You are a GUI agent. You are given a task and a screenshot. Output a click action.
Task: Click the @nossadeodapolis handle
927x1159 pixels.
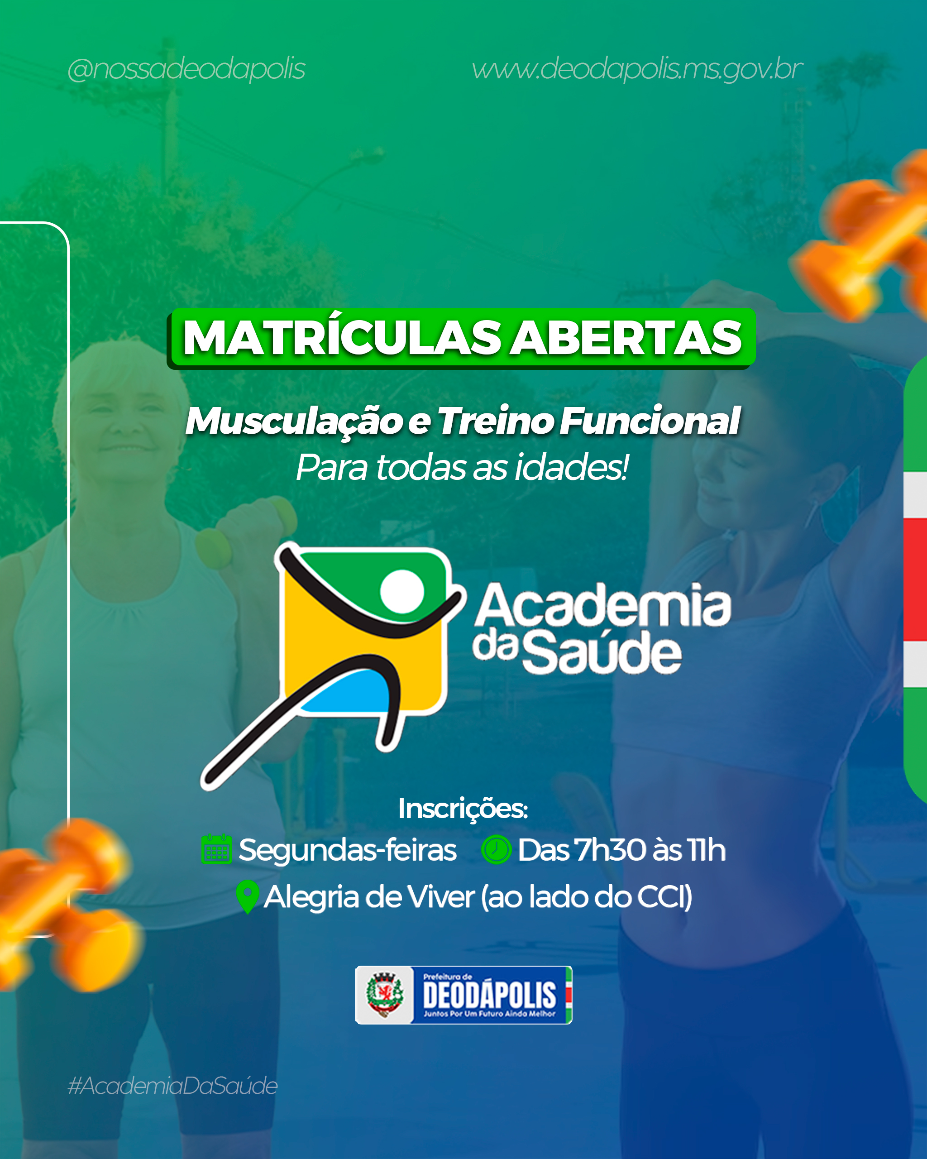(186, 69)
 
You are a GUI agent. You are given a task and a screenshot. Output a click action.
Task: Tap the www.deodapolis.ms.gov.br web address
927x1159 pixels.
(637, 69)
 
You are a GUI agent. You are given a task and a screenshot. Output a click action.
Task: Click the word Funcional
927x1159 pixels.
(650, 421)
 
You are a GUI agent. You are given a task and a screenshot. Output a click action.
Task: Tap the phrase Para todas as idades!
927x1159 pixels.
(462, 467)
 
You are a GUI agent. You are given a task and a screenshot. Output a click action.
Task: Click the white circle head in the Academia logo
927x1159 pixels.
(402, 591)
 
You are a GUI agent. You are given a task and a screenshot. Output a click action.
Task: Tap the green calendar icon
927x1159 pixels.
(216, 849)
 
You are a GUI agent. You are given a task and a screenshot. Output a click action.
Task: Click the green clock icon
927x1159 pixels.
(496, 850)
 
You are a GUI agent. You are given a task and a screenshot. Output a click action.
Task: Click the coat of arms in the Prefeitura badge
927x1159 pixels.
(384, 995)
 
